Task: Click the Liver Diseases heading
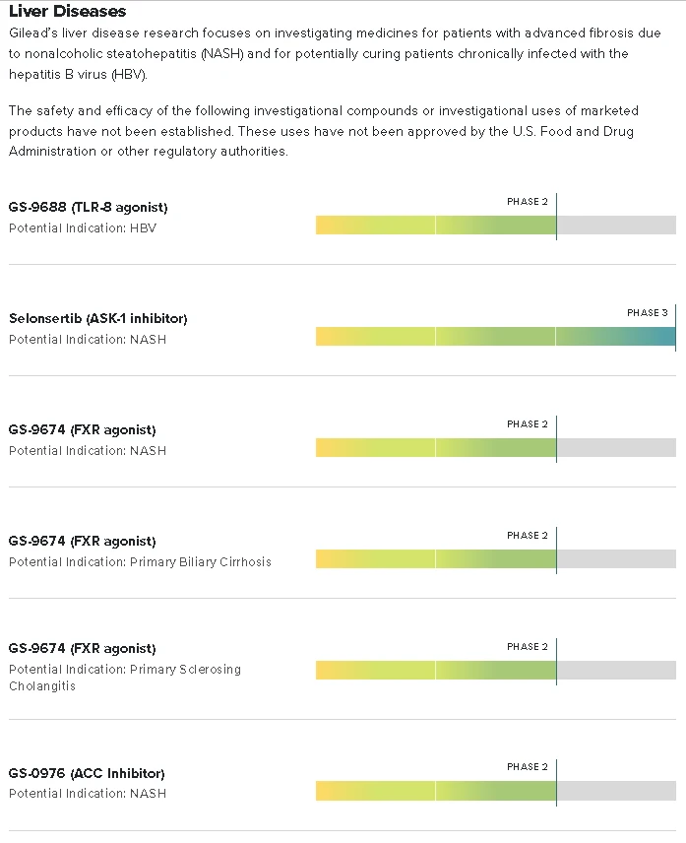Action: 68,12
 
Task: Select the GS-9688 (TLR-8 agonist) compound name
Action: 89,208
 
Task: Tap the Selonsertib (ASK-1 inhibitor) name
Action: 98,319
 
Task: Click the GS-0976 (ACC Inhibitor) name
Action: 87,774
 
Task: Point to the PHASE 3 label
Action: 647,313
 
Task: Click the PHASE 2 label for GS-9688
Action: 528,202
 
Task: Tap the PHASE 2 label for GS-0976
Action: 528,767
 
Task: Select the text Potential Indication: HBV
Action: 83,228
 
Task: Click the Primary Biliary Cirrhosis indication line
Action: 140,562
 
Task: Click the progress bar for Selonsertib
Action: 495,337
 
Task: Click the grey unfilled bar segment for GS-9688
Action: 616,226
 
